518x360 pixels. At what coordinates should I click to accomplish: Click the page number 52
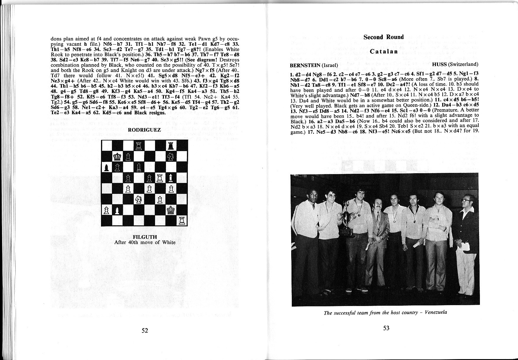point(145,330)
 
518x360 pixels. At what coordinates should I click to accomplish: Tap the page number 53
point(386,328)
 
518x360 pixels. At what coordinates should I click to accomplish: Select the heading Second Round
point(383,37)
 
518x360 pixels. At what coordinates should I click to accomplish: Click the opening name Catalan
point(383,51)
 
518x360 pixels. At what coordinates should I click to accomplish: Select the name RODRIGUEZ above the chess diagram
point(145,130)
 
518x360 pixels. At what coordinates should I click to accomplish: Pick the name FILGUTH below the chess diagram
point(145,237)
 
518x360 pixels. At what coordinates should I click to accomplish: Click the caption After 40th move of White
point(145,243)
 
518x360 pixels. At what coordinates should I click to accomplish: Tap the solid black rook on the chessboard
point(171,146)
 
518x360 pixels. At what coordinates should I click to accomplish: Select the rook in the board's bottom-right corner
point(181,221)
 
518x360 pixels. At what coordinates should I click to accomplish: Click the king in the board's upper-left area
point(117,156)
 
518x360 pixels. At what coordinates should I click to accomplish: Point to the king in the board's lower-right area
point(171,210)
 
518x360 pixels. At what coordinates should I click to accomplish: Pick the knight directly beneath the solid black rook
point(171,156)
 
